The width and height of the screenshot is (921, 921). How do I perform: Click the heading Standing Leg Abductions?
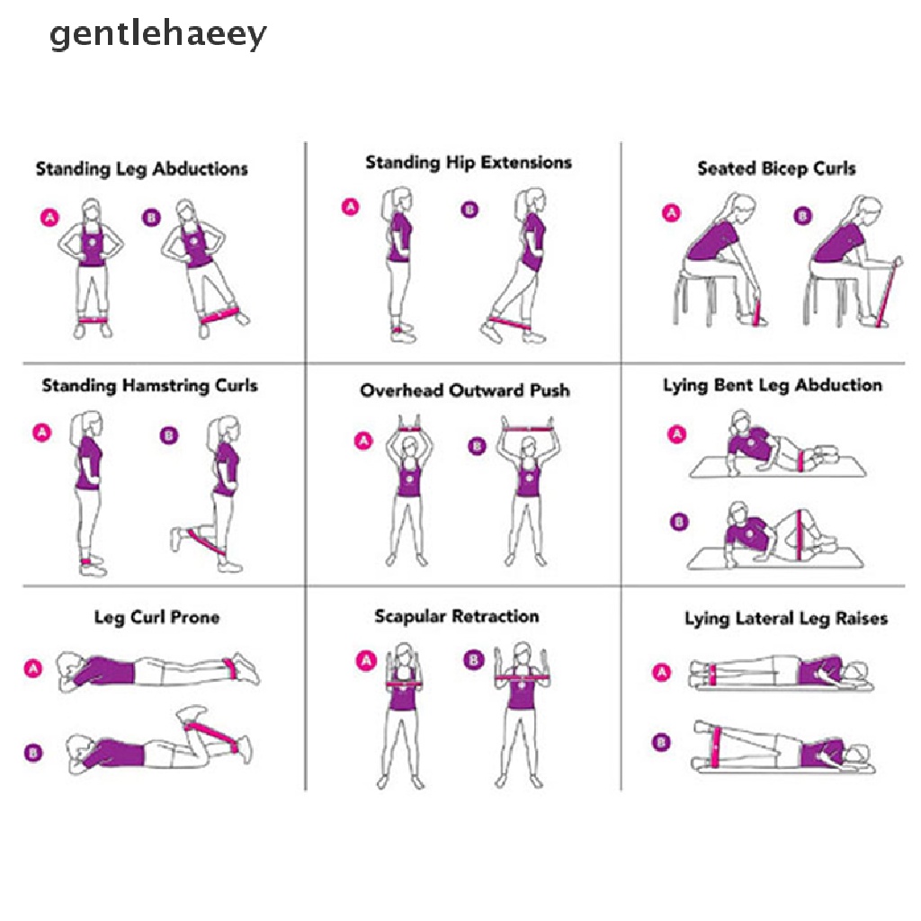(142, 169)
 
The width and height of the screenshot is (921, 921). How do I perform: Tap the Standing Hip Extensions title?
(469, 163)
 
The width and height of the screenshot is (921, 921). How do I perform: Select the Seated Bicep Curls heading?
(776, 168)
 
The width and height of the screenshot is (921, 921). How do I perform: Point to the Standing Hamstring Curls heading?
(149, 386)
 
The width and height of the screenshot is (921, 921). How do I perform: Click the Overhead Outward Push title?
(465, 391)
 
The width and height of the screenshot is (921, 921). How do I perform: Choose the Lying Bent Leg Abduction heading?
(773, 386)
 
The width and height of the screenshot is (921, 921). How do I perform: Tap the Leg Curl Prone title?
(156, 618)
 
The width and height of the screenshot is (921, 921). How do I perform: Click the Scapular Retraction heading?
(457, 617)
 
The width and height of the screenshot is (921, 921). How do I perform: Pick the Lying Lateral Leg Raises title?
(786, 619)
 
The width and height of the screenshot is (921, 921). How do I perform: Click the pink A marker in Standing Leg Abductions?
(49, 217)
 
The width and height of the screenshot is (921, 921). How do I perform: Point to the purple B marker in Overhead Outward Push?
(477, 444)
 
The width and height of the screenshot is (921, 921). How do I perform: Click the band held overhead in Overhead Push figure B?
(527, 429)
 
